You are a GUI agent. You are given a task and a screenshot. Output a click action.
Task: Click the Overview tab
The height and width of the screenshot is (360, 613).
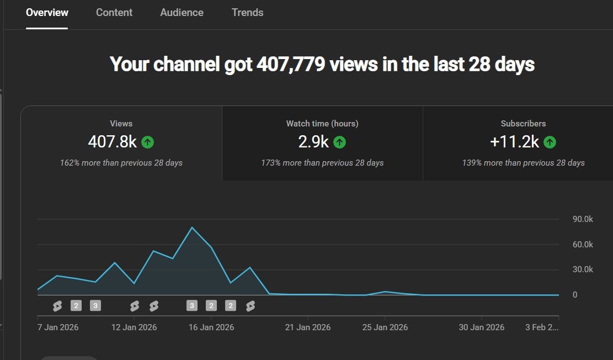click(47, 12)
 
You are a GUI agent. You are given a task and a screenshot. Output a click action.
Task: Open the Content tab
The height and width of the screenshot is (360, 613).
click(114, 12)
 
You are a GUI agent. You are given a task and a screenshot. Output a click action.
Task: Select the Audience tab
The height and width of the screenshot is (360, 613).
click(182, 12)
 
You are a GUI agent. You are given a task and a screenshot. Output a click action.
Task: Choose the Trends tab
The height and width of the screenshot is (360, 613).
click(247, 12)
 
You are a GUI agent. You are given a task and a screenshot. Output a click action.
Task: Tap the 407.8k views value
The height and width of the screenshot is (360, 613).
click(112, 142)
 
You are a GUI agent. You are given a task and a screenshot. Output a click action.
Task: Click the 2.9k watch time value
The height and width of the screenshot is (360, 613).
click(313, 142)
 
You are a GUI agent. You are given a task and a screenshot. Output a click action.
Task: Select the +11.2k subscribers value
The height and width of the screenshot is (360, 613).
click(514, 142)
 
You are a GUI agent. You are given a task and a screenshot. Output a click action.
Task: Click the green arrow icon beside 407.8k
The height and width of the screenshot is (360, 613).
click(147, 142)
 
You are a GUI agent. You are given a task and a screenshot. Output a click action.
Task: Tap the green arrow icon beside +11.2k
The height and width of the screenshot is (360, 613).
click(550, 142)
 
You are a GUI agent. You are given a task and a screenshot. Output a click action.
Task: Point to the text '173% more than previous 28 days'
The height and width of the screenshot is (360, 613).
click(322, 163)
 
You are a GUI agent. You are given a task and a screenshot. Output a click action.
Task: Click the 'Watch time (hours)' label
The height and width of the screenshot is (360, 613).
click(322, 124)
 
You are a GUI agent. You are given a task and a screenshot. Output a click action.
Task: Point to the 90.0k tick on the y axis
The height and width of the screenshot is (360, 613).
click(583, 219)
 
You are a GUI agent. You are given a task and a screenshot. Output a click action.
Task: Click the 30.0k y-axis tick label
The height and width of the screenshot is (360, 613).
click(583, 269)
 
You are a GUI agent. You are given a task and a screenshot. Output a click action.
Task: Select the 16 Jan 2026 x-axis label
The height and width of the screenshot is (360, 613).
click(211, 327)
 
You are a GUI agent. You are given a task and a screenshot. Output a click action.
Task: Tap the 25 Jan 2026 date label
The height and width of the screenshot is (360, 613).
click(385, 327)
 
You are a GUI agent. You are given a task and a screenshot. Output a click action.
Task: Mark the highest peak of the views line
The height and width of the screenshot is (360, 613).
click(192, 227)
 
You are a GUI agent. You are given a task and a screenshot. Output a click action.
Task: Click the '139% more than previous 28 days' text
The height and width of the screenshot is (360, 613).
click(524, 163)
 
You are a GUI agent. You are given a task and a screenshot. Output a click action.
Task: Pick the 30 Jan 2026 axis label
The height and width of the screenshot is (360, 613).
click(482, 327)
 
